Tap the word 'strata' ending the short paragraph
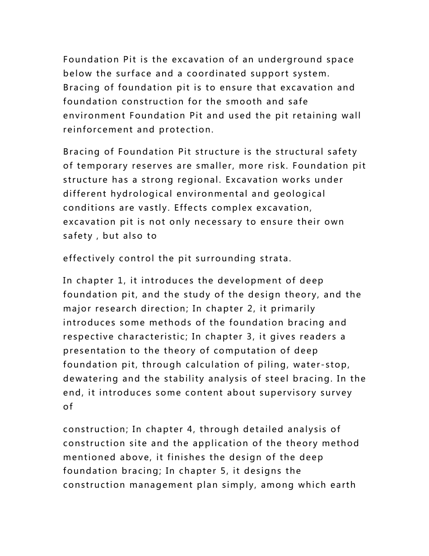[275, 259]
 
